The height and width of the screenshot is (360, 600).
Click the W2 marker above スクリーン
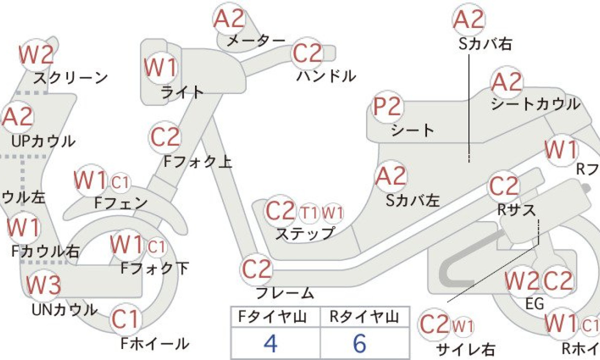tap(36, 55)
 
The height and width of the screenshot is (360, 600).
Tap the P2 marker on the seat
tap(388, 106)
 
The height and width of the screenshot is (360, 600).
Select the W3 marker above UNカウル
tap(43, 284)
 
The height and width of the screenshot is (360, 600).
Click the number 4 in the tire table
tap(270, 343)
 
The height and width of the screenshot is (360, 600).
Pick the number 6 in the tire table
tap(359, 343)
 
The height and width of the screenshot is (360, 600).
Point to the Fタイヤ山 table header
tap(272, 317)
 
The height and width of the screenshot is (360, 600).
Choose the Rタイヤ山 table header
tap(364, 317)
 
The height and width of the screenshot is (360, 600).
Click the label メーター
tap(256, 41)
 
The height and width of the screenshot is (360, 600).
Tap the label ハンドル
tap(326, 76)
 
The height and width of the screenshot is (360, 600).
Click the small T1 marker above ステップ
tap(309, 213)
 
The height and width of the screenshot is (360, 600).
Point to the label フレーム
tap(285, 293)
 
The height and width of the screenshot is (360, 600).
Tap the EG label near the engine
tap(534, 304)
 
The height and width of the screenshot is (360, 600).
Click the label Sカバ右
tap(485, 44)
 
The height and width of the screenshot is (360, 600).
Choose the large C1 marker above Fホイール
tap(125, 319)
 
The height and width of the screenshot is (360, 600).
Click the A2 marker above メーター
tap(229, 18)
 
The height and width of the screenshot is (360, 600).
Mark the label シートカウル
tap(535, 104)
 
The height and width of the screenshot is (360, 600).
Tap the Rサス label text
tap(517, 210)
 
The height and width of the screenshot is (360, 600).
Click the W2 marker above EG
tap(520, 282)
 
